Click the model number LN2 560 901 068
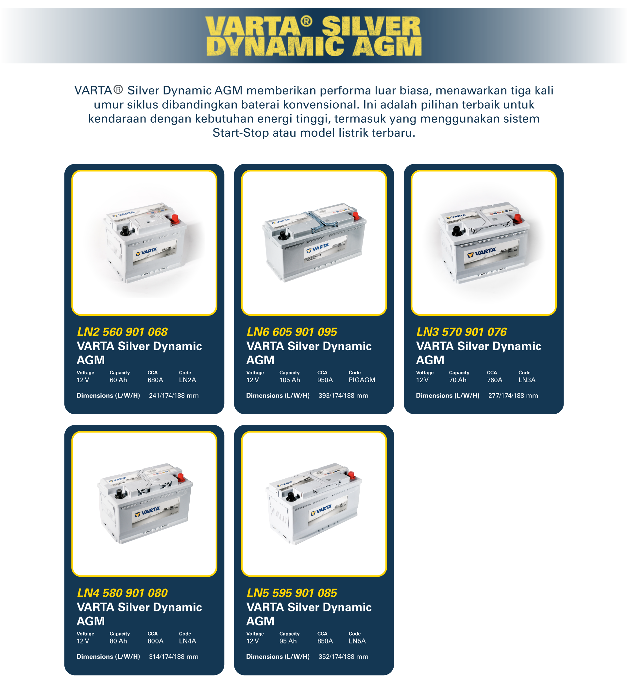(x=122, y=332)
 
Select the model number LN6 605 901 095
(x=292, y=332)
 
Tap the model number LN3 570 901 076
(x=462, y=332)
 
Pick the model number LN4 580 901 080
(x=122, y=593)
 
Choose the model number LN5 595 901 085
(x=292, y=593)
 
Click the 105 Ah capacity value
(x=290, y=380)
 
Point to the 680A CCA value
(x=155, y=380)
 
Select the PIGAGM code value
(x=362, y=380)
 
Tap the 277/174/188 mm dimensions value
(x=513, y=396)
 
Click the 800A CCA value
(x=155, y=641)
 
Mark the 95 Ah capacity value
(x=288, y=641)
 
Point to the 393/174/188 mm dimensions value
(x=343, y=396)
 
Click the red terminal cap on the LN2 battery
(x=175, y=219)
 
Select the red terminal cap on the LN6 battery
(x=356, y=216)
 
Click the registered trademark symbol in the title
(x=306, y=21)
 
